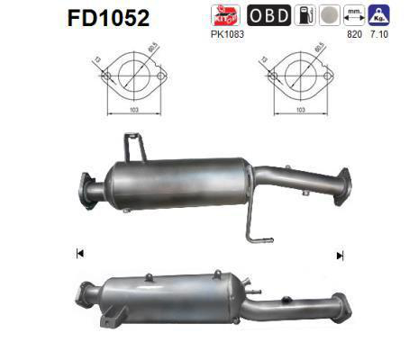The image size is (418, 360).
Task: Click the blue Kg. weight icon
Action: coord(380,15)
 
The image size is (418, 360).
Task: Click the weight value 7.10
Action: coord(380,33)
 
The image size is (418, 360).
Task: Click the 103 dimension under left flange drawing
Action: coord(133,109)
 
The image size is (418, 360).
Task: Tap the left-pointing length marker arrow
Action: coord(80,255)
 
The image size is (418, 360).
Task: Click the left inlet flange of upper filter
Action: coord(86,186)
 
